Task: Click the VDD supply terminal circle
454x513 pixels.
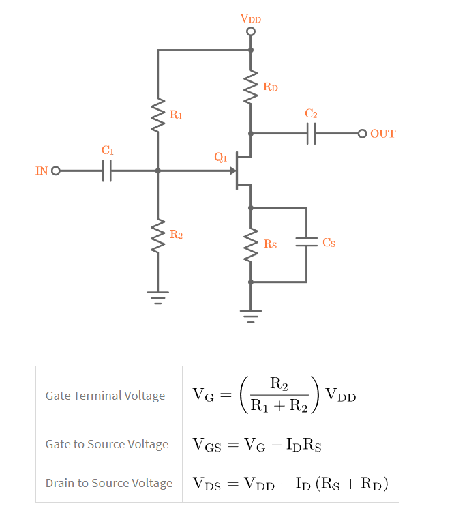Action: pyautogui.click(x=251, y=31)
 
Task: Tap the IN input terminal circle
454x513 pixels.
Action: pyautogui.click(x=56, y=171)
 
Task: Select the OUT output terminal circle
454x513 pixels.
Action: pyautogui.click(x=362, y=134)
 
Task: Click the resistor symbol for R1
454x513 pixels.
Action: pyautogui.click(x=157, y=115)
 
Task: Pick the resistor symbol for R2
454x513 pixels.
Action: pyautogui.click(x=157, y=235)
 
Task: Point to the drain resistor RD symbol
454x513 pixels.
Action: pyautogui.click(x=251, y=87)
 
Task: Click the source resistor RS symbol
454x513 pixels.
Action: pyautogui.click(x=251, y=244)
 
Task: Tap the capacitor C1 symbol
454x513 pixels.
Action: pyautogui.click(x=107, y=171)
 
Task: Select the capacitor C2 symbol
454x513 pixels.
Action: pyautogui.click(x=312, y=134)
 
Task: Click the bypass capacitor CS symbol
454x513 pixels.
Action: pyautogui.click(x=307, y=242)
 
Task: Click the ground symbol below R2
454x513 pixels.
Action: pyautogui.click(x=157, y=297)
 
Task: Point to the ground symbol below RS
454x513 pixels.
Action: pyautogui.click(x=251, y=315)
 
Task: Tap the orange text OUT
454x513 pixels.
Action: pyautogui.click(x=382, y=134)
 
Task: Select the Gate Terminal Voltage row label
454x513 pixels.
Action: pyautogui.click(x=105, y=396)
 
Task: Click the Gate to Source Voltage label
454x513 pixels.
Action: pyautogui.click(x=107, y=444)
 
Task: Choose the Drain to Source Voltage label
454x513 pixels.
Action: pyautogui.click(x=109, y=483)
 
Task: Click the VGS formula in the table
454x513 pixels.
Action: pyautogui.click(x=257, y=445)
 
